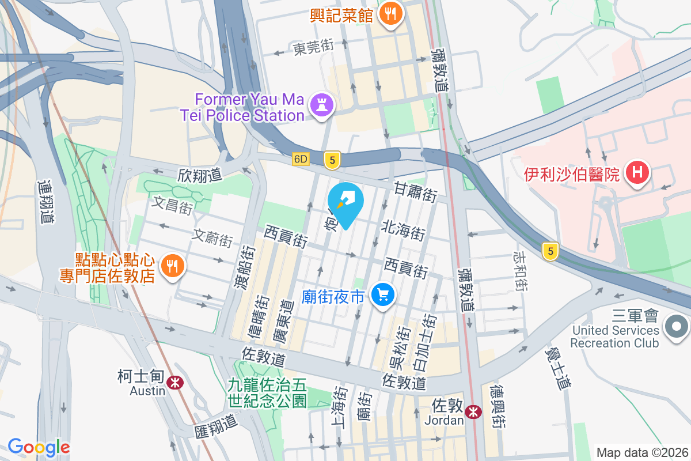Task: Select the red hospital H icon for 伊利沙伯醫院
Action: click(x=637, y=173)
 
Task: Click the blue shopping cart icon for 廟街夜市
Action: click(x=382, y=296)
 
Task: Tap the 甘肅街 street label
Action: click(x=415, y=191)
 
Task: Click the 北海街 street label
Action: click(x=403, y=230)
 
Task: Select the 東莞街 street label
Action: click(x=313, y=48)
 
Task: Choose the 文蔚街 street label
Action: click(x=212, y=237)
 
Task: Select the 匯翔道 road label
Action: click(x=216, y=425)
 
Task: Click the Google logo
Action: click(x=39, y=447)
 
